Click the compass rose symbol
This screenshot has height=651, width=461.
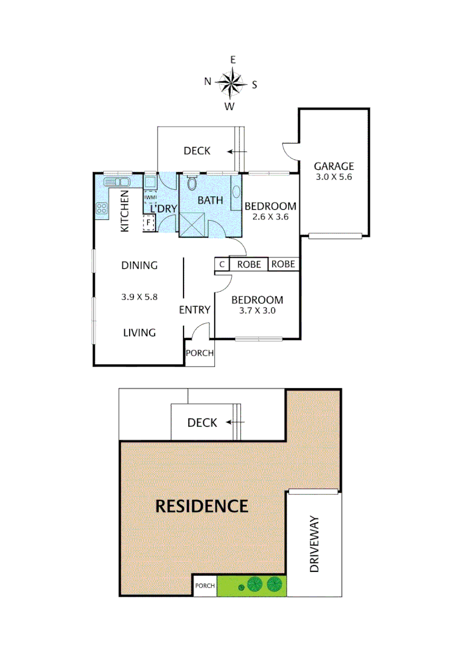230,83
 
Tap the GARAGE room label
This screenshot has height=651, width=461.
334,166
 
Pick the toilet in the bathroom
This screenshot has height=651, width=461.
192,183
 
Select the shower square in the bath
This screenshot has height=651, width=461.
193,225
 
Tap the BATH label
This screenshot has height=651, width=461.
211,200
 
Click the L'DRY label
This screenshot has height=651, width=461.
163,209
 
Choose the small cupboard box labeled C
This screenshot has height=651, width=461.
221,264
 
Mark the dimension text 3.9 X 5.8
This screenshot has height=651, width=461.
139,296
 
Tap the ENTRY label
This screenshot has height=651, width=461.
194,310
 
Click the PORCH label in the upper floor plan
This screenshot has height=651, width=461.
200,353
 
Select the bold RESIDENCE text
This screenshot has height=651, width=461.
202,506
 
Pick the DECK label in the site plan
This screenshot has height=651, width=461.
202,423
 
